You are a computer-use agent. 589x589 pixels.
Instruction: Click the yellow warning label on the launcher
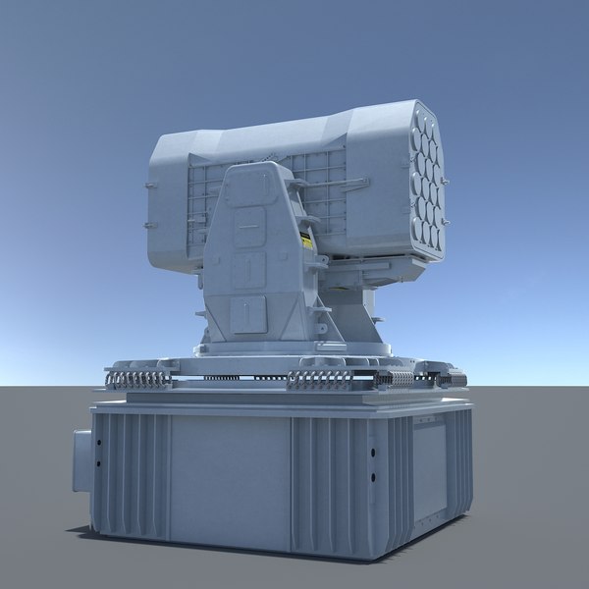(x=308, y=241)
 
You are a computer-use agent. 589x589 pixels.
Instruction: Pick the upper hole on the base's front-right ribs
(x=374, y=453)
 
